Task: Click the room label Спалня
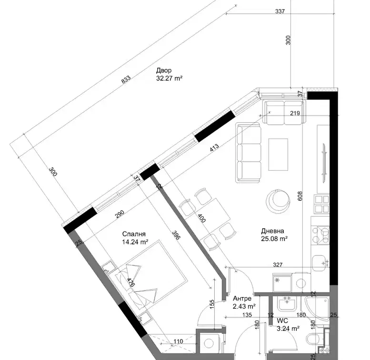tap(134, 234)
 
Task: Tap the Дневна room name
tap(272, 231)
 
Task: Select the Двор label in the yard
tap(164, 70)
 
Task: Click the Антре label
tap(242, 299)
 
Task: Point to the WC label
tap(282, 321)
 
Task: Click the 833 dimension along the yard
tap(126, 79)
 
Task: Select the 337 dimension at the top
tap(280, 11)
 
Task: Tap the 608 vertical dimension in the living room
tap(300, 196)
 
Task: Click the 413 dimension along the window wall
tap(214, 148)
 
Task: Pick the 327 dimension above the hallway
tap(278, 264)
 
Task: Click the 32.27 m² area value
tap(169, 78)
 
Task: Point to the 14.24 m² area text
tap(135, 242)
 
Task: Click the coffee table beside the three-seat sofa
tap(278, 154)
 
